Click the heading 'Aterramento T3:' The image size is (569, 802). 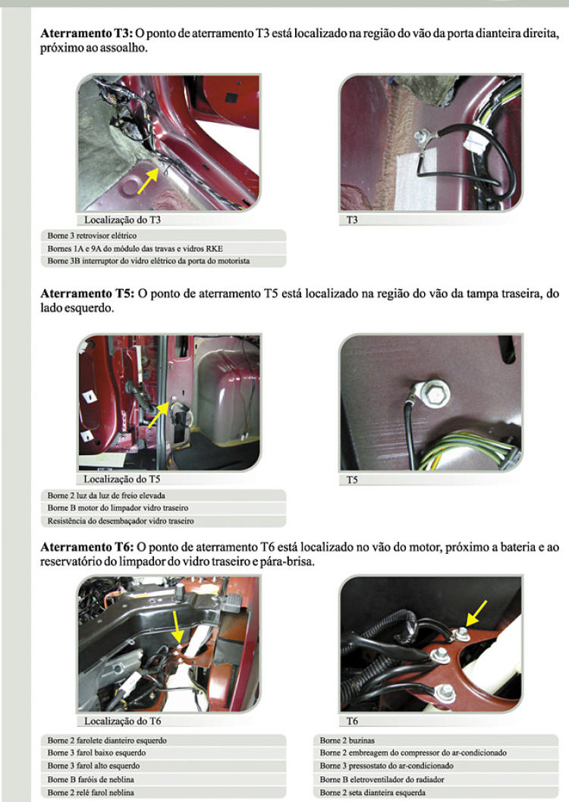(86, 33)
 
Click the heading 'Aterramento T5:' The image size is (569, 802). (87, 294)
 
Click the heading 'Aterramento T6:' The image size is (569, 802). (87, 547)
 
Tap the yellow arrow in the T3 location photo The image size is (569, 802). (148, 181)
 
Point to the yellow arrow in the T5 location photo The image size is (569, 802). (158, 415)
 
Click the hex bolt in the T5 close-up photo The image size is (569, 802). (435, 395)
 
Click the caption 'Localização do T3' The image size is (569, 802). (122, 220)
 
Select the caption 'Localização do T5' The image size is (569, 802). (121, 480)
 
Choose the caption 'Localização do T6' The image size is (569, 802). (122, 721)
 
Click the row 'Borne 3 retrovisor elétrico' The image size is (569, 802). (163, 236)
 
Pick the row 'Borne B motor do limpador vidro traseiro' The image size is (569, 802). (163, 508)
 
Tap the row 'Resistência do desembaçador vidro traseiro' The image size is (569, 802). (163, 521)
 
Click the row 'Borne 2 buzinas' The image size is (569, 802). (435, 740)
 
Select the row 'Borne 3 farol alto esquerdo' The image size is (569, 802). (163, 766)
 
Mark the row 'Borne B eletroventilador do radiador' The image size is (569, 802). (435, 779)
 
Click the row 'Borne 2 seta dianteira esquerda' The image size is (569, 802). (435, 792)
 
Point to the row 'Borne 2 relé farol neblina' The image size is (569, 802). (163, 792)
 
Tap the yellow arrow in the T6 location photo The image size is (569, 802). (176, 627)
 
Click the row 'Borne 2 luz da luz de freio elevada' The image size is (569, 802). (163, 495)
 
